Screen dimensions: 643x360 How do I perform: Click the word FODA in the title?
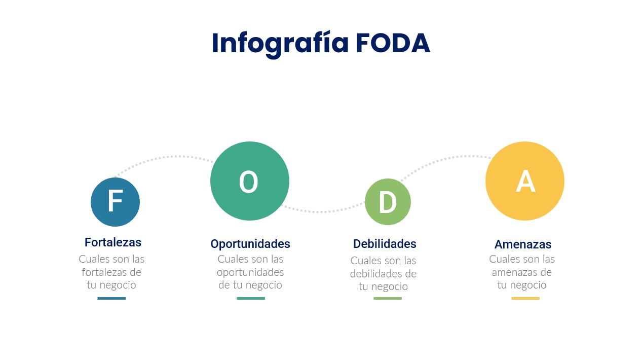[393, 43]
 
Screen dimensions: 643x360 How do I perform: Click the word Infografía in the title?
[280, 45]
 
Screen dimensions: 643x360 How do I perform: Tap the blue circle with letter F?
[115, 202]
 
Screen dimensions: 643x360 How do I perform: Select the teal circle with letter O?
[250, 181]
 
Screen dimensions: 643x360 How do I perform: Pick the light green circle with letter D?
[388, 202]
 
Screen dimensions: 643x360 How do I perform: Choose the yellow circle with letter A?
[525, 181]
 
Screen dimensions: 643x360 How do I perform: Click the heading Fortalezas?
[113, 242]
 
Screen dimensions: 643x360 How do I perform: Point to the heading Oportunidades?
[250, 244]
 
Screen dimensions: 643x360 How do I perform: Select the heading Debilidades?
[385, 244]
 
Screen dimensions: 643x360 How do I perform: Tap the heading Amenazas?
[523, 244]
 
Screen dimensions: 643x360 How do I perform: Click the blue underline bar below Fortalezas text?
[111, 298]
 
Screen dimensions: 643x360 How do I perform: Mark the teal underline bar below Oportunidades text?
[251, 298]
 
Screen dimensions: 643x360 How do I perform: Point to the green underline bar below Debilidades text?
[388, 298]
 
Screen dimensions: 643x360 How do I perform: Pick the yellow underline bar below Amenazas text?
[525, 298]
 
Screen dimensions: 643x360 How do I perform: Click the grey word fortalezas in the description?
[104, 272]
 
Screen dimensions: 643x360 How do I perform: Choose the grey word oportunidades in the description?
[250, 272]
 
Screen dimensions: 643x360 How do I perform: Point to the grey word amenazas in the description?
[515, 272]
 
